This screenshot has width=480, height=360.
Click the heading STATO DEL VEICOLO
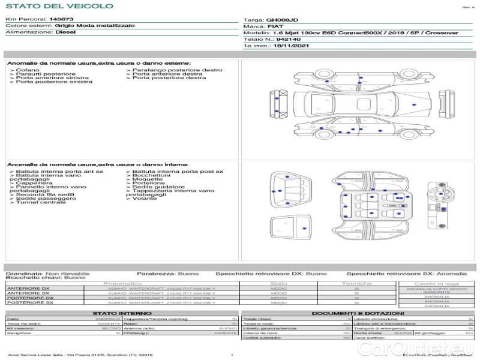(59, 6)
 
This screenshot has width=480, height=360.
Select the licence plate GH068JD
(281, 20)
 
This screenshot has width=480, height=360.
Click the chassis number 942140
(280, 39)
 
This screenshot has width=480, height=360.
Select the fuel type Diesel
(65, 32)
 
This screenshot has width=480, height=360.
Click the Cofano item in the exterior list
(24, 70)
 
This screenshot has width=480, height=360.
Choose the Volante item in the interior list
(144, 199)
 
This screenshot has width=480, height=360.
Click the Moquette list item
(146, 179)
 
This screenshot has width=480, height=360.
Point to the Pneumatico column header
(123, 283)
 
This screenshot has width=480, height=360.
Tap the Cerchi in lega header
(436, 284)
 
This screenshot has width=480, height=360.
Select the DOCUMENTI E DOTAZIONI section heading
(358, 313)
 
